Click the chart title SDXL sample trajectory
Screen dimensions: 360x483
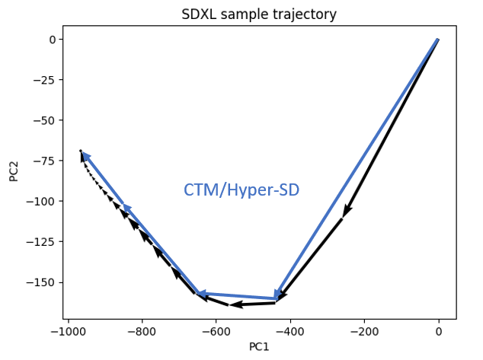[x=259, y=14]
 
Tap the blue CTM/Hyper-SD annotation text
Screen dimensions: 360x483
[x=241, y=190]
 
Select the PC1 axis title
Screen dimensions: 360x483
[x=259, y=346]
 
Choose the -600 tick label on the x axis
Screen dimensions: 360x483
[x=216, y=332]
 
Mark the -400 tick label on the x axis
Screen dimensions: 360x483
[x=290, y=332]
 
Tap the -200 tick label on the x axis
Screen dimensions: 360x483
[x=364, y=332]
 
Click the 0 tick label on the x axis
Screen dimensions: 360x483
[x=438, y=332]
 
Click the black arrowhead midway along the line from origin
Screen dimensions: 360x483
[x=347, y=211]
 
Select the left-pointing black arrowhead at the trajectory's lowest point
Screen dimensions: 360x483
[x=236, y=304]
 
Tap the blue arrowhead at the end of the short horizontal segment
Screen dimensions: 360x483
[x=203, y=293]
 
